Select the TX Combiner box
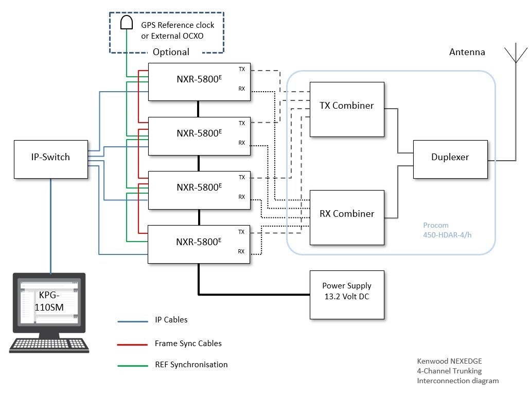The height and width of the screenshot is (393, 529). click(346, 109)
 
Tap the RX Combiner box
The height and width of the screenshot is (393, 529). click(346, 217)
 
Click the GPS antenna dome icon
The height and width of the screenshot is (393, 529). click(126, 22)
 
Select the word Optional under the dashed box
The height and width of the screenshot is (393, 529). click(171, 52)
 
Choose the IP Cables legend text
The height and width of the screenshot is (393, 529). click(171, 320)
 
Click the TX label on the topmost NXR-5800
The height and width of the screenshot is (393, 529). click(242, 69)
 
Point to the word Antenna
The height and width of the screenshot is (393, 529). click(467, 52)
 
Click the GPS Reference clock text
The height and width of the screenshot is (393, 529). click(178, 25)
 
